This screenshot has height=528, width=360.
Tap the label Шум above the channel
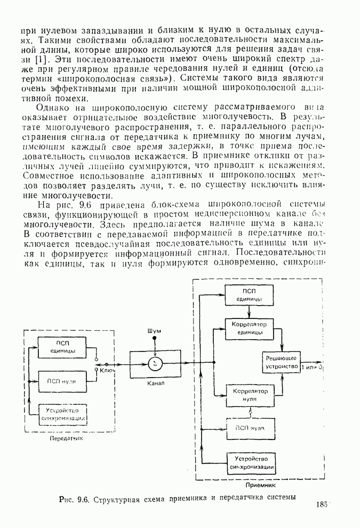pos(155,332)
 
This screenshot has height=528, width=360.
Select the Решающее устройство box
pos(281,363)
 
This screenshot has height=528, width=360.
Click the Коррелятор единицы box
pos(250,329)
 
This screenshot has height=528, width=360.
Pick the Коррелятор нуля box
pos(250,395)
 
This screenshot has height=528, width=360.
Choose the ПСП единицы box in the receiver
pos(250,294)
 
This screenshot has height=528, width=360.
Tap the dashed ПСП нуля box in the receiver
pos(250,428)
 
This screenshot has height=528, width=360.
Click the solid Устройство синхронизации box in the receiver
pos(250,462)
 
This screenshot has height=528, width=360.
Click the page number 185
pos(322,505)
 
